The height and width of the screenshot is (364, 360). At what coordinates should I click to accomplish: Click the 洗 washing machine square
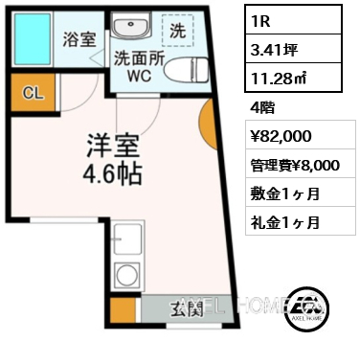pos(178,31)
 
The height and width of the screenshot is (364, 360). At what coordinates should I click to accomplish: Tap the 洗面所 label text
pos(141,57)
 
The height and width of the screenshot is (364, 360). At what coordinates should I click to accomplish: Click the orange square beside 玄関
pos(123,309)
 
